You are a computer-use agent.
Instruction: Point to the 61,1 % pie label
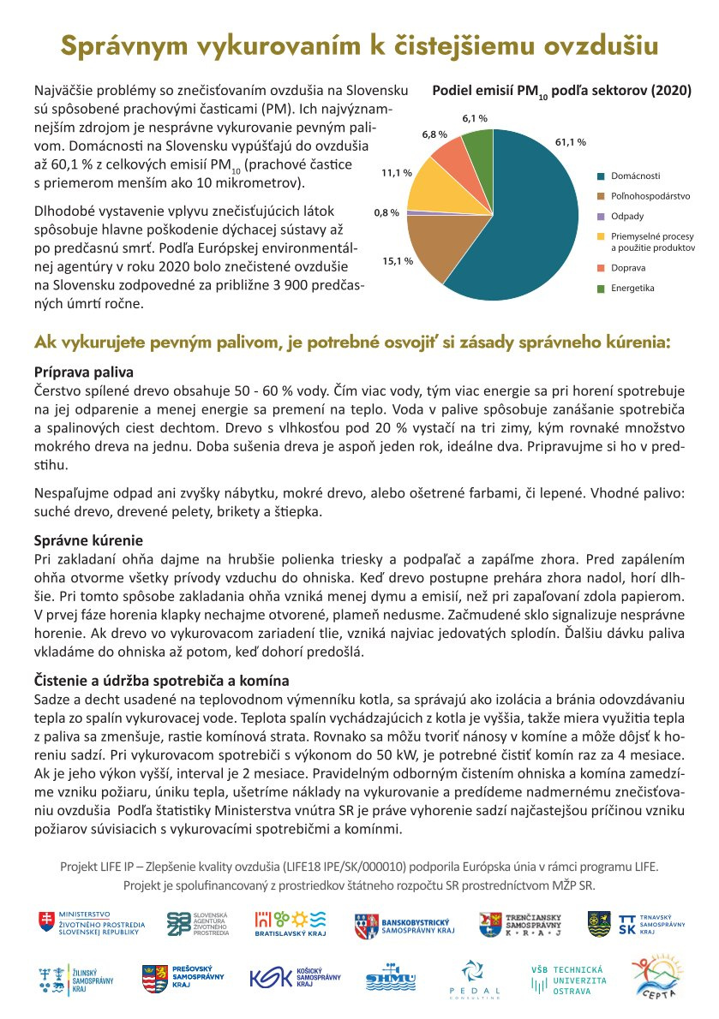click(x=570, y=142)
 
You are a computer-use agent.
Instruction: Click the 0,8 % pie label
click(x=386, y=212)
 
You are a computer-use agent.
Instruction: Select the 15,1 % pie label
click(x=398, y=260)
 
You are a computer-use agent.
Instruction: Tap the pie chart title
click(x=561, y=91)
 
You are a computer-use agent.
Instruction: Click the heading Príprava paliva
click(x=83, y=372)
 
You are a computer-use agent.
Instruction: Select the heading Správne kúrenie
click(x=87, y=540)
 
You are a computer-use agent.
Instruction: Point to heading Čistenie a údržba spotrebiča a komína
click(x=161, y=682)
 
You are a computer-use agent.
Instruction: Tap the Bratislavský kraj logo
click(x=291, y=924)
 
